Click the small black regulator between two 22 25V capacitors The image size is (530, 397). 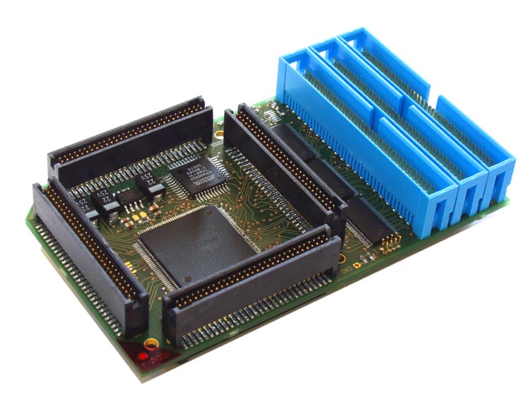click(x=126, y=196)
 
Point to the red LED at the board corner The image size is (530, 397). click(x=143, y=355)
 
